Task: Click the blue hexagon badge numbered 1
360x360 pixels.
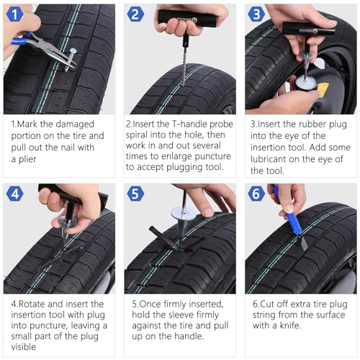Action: (14, 14)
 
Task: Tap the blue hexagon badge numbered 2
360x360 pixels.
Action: (135, 14)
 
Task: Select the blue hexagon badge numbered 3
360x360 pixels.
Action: (256, 14)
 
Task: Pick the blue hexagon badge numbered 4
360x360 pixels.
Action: (15, 194)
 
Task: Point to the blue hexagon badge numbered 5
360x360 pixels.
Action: (135, 194)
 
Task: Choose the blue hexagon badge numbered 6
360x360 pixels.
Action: (256, 194)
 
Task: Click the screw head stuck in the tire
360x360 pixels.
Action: (73, 50)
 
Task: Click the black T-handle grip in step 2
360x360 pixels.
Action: (187, 18)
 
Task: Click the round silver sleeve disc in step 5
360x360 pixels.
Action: (182, 214)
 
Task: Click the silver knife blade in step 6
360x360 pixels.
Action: (303, 243)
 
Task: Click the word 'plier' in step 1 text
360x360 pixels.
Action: (27, 159)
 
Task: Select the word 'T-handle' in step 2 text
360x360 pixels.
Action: (190, 124)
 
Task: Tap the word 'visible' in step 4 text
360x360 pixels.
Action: (24, 347)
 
